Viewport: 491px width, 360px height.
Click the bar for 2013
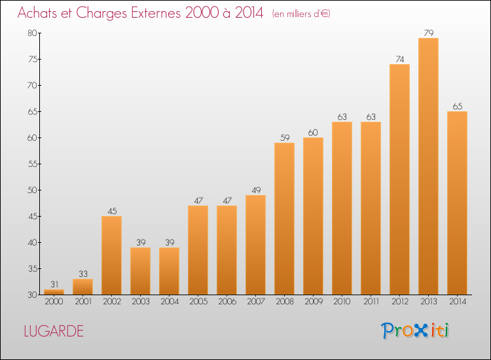pos(428,166)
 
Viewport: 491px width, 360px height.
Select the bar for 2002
pos(111,255)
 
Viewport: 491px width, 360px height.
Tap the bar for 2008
pos(284,219)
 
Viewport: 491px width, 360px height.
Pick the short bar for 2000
pos(54,292)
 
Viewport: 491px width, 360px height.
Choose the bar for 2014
pos(457,203)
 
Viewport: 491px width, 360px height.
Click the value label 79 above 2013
pos(429,33)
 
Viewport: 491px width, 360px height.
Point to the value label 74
pos(400,59)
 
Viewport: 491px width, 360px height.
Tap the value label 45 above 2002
pos(112,211)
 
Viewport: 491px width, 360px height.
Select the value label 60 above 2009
pos(313,132)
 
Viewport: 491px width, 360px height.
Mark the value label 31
pos(54,284)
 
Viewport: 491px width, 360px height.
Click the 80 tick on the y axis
pos(32,33)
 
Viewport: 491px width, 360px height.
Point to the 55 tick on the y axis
pos(33,164)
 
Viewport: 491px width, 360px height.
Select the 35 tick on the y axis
pos(33,268)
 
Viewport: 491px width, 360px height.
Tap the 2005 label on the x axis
pos(198,302)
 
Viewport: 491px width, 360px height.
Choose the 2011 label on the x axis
pos(371,302)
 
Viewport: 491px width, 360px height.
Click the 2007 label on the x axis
pos(256,302)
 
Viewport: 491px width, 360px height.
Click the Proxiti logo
pos(415,331)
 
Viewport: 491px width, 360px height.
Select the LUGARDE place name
pos(54,331)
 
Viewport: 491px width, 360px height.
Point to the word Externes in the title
pos(156,12)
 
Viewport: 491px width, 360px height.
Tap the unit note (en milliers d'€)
pos(301,14)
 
